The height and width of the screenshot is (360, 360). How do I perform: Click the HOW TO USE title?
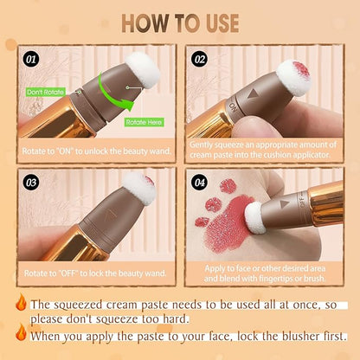180,21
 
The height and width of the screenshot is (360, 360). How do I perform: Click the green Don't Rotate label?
46,91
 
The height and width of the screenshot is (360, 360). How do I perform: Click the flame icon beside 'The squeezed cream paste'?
20,304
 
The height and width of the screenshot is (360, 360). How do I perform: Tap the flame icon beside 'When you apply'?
20,334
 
